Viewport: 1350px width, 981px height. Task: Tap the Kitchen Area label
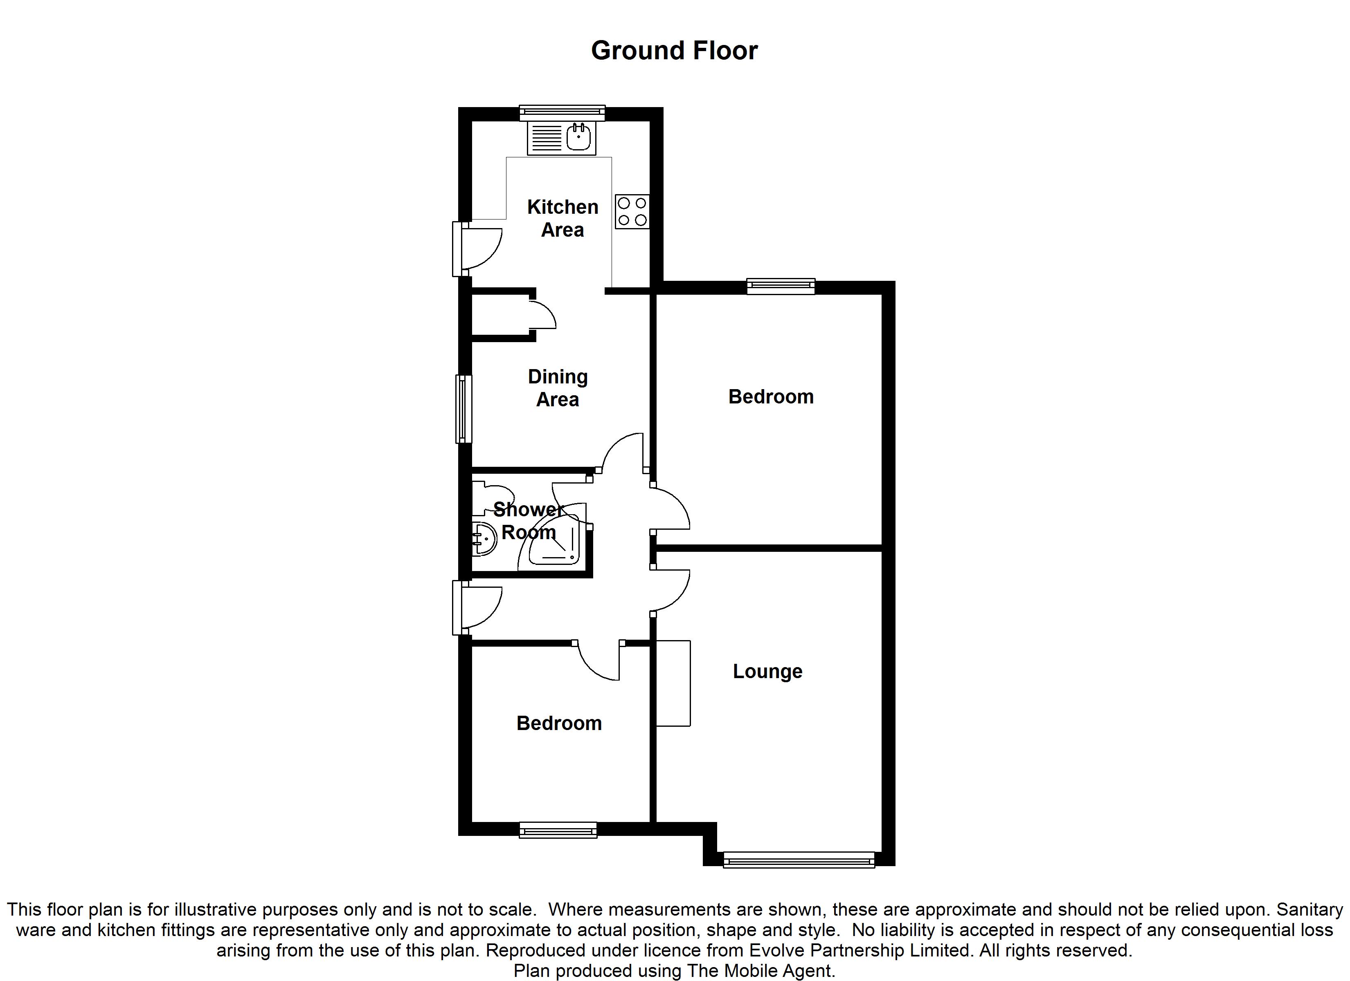[562, 218]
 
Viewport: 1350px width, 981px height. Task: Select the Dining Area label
[558, 388]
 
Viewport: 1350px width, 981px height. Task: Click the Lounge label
[767, 672]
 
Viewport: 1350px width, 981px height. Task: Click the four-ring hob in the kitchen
[632, 212]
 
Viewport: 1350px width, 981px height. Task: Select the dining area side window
[464, 409]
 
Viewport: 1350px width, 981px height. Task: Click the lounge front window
[799, 859]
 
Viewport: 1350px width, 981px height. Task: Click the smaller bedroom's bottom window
[558, 829]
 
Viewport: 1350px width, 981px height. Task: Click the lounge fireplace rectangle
[673, 683]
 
